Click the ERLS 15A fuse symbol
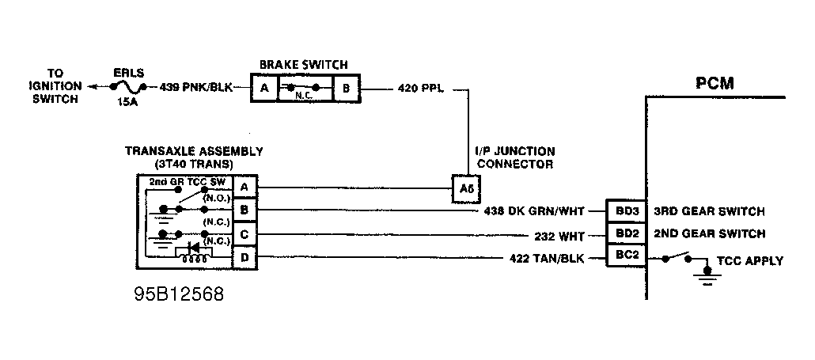(128, 88)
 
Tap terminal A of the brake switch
(264, 89)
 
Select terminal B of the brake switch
(346, 89)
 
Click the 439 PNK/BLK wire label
(196, 87)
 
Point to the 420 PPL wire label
(421, 89)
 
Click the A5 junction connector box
(466, 189)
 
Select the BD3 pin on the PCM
(627, 211)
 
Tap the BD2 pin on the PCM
(627, 233)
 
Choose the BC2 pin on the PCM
(627, 255)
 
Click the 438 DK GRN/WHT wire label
(534, 211)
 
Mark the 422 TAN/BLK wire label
(547, 258)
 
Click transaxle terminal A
(244, 187)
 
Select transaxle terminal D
(244, 257)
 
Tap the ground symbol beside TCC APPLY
(707, 276)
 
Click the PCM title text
(715, 83)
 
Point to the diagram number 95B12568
(179, 294)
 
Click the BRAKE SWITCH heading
(304, 65)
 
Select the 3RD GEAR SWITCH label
(709, 211)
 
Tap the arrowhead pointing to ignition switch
(92, 87)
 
